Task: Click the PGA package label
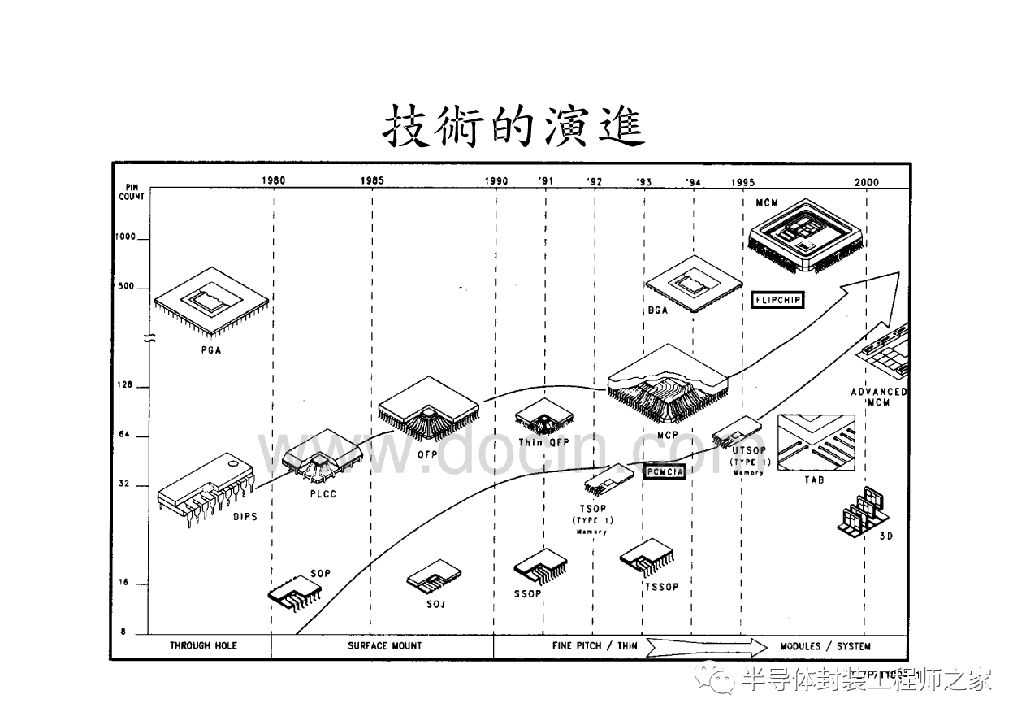tap(211, 350)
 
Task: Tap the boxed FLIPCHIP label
tap(777, 300)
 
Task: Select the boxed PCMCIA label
tap(665, 471)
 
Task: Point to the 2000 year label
tap(867, 181)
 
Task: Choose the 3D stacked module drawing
tap(864, 512)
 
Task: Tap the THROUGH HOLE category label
tap(203, 645)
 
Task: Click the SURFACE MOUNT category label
tap(385, 645)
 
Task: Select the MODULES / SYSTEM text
tap(825, 646)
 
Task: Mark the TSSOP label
tap(660, 587)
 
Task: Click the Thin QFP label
tap(543, 443)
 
